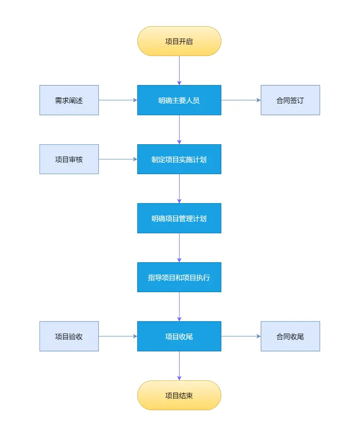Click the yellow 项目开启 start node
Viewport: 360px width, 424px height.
click(x=179, y=41)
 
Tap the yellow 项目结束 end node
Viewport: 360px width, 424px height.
click(x=179, y=395)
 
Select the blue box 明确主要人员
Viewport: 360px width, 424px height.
click(x=179, y=100)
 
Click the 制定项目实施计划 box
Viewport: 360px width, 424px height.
click(x=179, y=159)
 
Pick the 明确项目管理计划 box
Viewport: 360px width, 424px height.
click(x=179, y=218)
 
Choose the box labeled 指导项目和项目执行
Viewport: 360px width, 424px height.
click(x=179, y=277)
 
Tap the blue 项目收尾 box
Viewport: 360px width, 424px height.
click(x=179, y=336)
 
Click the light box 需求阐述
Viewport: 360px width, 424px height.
click(x=69, y=100)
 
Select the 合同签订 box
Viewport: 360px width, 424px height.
click(x=290, y=100)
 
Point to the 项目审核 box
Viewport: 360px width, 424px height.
click(x=69, y=159)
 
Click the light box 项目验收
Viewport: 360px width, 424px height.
click(x=69, y=336)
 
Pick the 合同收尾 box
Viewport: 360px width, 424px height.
click(x=290, y=336)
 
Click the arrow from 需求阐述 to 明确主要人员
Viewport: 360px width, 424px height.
click(x=118, y=100)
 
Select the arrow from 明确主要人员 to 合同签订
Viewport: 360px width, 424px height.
click(x=241, y=100)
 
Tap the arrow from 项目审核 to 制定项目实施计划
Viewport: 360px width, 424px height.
click(x=118, y=159)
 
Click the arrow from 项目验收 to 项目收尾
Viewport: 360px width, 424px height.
click(x=118, y=336)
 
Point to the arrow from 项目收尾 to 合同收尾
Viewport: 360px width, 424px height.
click(x=241, y=336)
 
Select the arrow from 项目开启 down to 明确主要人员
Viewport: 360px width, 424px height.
click(x=179, y=71)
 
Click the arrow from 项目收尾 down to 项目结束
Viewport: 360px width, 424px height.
click(x=179, y=366)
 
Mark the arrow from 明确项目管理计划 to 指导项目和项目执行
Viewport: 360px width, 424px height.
click(x=179, y=248)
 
